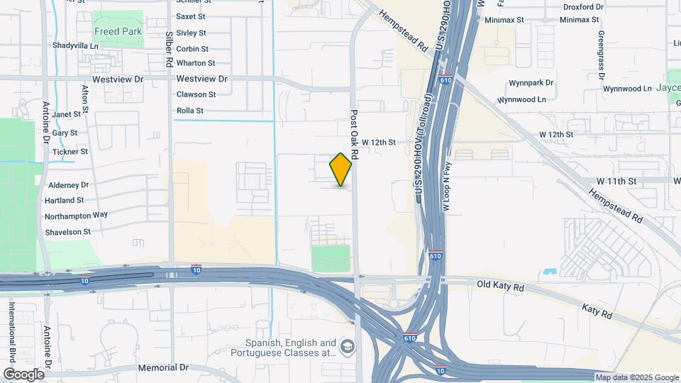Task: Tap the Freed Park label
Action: [x=118, y=32]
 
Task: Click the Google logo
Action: [x=24, y=374]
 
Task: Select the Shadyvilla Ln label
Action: [x=74, y=45]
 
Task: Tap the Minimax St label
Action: [x=504, y=21]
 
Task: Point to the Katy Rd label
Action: [x=597, y=310]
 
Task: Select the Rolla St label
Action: [x=189, y=111]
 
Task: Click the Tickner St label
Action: [x=70, y=152]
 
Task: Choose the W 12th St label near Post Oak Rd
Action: [x=378, y=143]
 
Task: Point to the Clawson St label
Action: [x=196, y=94]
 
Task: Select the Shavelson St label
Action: [x=68, y=232]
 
